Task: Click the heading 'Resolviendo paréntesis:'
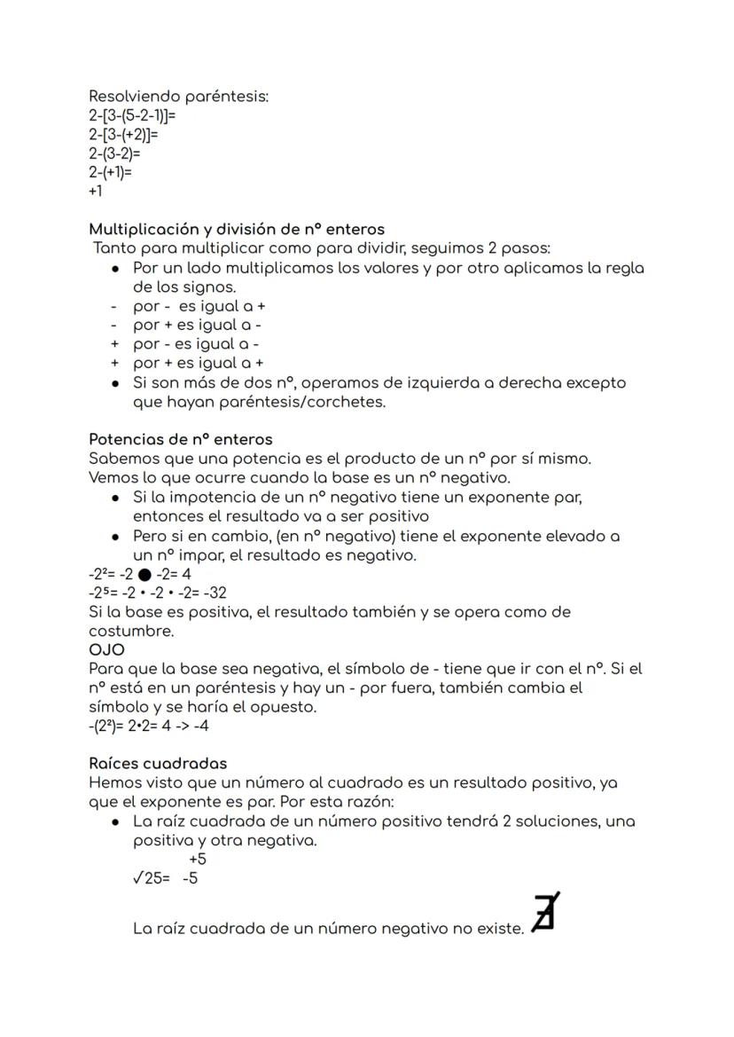pos(178,96)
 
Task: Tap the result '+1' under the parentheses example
pos(96,191)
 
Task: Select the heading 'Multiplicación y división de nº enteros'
pos(236,229)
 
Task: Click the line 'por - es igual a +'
pos(199,306)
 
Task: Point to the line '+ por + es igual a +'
pos(198,363)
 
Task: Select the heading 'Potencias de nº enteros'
pos(180,439)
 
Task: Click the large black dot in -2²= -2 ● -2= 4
pos(144,575)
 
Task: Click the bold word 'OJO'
pos(106,649)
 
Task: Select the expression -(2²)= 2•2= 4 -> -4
pos(149,726)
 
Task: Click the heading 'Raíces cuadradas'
pos(158,763)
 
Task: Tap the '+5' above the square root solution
pos(197,859)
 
